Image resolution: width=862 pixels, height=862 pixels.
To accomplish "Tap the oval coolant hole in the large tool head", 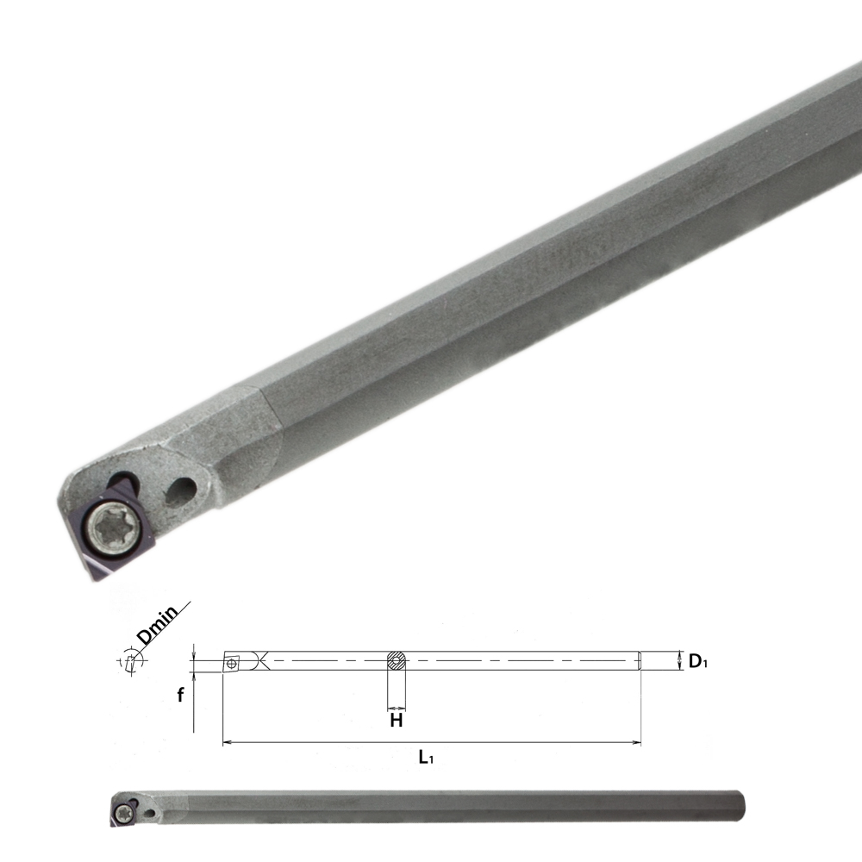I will tap(182, 491).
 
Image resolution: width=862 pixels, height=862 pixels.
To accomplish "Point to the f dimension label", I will tap(181, 696).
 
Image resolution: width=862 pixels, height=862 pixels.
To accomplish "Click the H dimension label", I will tap(397, 721).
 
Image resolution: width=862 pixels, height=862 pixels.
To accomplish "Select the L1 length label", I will tap(425, 758).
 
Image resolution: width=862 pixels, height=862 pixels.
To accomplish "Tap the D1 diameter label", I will tap(697, 662).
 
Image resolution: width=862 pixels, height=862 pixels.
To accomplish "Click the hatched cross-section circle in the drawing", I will tap(397, 661).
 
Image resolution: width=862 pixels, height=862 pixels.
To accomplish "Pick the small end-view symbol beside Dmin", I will tap(129, 662).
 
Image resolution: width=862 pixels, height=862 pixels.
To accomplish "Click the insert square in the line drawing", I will tap(232, 663).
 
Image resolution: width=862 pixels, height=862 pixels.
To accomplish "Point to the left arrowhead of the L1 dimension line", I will tap(226, 741).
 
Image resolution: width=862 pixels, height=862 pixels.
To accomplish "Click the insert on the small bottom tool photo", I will tap(122, 812).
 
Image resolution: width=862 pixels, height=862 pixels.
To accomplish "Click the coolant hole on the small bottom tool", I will tap(149, 812).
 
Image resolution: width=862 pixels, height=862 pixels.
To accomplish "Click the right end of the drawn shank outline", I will tap(640, 660).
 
